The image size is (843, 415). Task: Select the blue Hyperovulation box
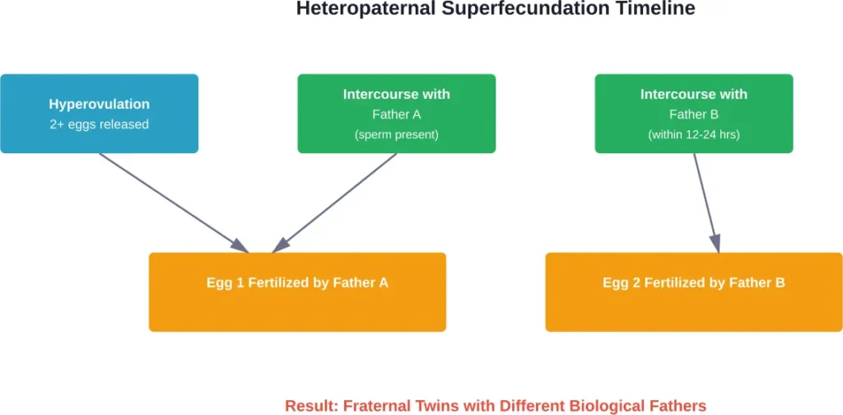[99, 114]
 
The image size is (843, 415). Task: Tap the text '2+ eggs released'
[99, 124]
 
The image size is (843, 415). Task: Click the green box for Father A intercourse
[396, 114]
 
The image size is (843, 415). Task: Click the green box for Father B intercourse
[693, 114]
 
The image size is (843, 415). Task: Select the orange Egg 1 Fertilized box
[297, 291]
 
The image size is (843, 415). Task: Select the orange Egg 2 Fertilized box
[693, 291]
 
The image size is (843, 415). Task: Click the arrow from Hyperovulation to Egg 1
[173, 202]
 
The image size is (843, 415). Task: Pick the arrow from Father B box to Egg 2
[706, 202]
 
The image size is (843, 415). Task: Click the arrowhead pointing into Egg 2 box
[715, 244]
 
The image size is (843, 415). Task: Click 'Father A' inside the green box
[396, 115]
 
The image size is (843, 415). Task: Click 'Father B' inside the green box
[693, 115]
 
